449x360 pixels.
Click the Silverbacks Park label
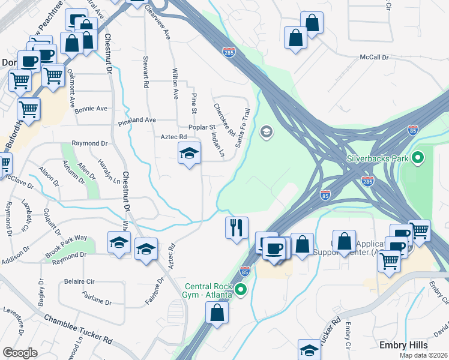(378, 160)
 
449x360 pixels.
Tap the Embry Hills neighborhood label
(403, 345)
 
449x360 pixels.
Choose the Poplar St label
(202, 127)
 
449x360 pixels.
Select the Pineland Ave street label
(137, 121)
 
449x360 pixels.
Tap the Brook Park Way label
(66, 246)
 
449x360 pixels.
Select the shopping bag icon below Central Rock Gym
(217, 312)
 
